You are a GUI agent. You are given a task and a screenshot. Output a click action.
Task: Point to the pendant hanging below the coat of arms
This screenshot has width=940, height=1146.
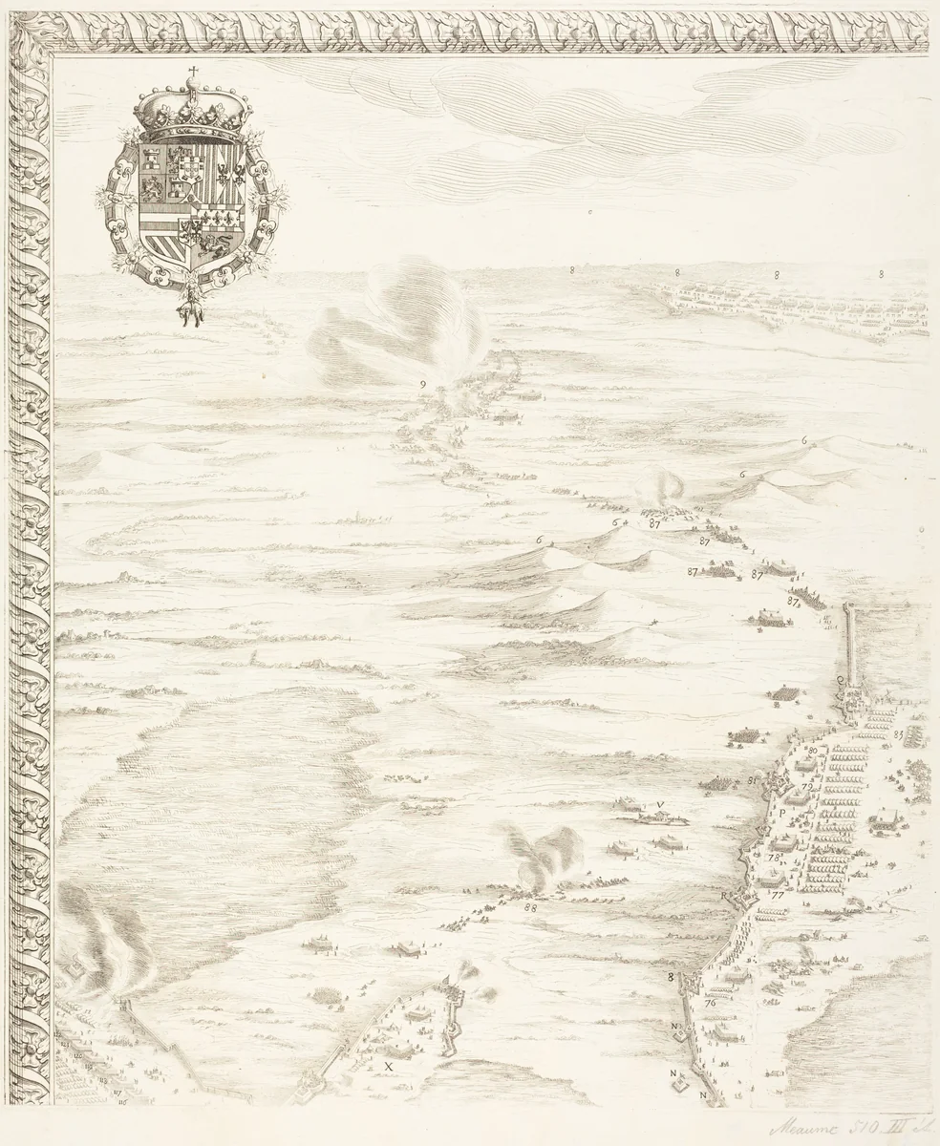193,306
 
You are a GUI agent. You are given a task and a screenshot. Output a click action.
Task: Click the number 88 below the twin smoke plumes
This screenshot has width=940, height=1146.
530,908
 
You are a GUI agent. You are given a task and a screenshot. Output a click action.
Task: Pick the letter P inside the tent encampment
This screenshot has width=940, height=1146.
780,813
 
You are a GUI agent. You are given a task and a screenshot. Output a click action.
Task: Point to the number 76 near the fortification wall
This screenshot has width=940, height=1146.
710,1003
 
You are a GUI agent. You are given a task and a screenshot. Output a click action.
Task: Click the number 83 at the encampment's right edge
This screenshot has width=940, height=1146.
899,733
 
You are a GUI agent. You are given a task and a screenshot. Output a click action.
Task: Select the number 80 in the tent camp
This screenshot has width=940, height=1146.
812,751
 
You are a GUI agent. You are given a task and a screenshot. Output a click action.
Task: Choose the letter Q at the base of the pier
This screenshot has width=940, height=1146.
841,680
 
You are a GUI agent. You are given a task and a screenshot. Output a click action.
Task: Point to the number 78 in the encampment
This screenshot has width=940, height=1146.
772,857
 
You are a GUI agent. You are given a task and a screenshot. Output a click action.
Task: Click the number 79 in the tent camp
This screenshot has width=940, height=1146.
806,789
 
